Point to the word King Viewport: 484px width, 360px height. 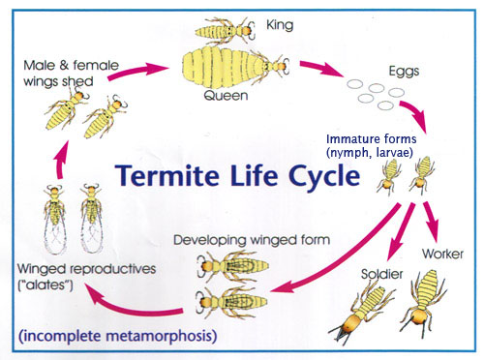click(x=280, y=20)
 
